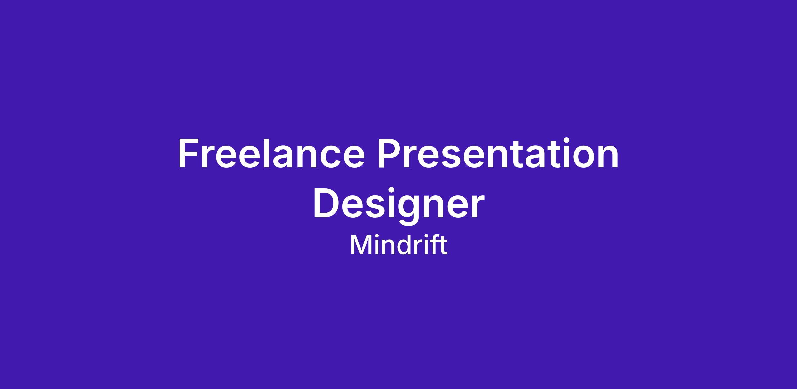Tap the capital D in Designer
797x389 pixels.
[x=326, y=203]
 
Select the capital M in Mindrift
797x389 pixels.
[x=360, y=245]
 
